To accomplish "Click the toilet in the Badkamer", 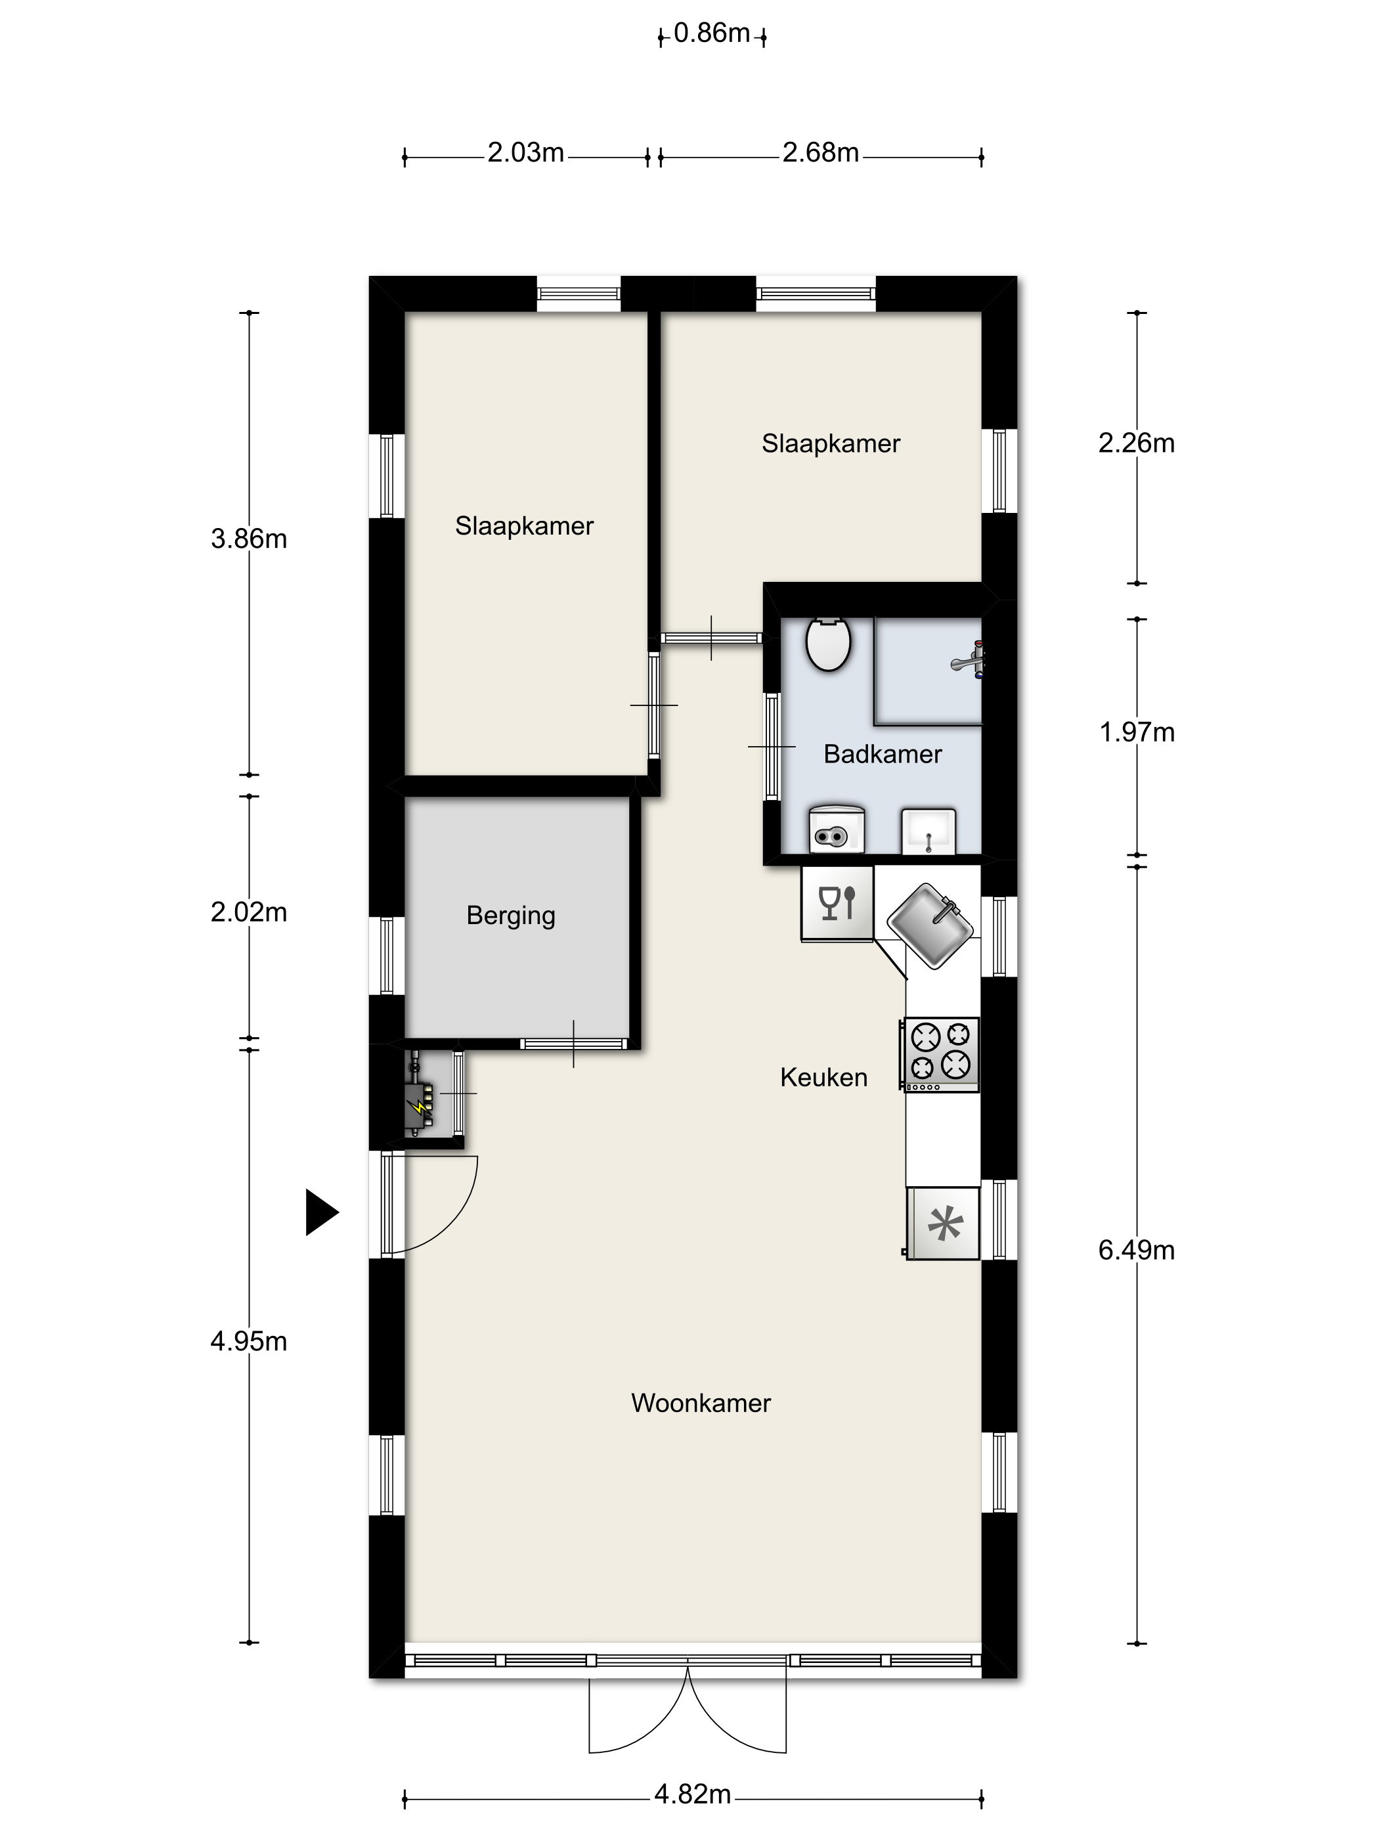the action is [828, 644].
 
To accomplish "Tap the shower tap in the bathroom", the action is [969, 661].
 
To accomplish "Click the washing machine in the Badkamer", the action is [836, 829].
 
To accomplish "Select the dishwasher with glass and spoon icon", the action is [837, 904].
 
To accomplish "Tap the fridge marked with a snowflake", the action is [944, 1223].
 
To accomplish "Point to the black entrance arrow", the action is [322, 1212].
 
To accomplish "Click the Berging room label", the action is [510, 916].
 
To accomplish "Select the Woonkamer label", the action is [701, 1404].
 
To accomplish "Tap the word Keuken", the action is [823, 1078].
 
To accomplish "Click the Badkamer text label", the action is [882, 754].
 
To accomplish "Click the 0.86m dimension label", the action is [712, 33].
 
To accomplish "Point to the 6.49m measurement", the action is [1136, 1251].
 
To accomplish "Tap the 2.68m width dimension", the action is [820, 153].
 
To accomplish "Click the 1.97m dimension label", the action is [1136, 732].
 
